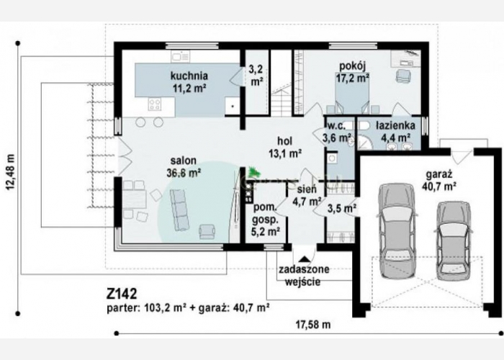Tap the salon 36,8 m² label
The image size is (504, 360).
[184, 167]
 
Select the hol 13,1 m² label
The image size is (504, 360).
[285, 148]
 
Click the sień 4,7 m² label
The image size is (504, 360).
[307, 195]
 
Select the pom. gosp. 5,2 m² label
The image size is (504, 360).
[266, 220]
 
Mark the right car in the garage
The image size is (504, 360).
[453, 237]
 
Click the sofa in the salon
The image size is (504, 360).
[179, 210]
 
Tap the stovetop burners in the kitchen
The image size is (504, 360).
[155, 104]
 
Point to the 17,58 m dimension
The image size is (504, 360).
[313, 325]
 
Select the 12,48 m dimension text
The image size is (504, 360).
[11, 172]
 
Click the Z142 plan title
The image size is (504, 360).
[122, 294]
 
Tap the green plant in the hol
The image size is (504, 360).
[254, 171]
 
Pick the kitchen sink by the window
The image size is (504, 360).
[180, 57]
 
